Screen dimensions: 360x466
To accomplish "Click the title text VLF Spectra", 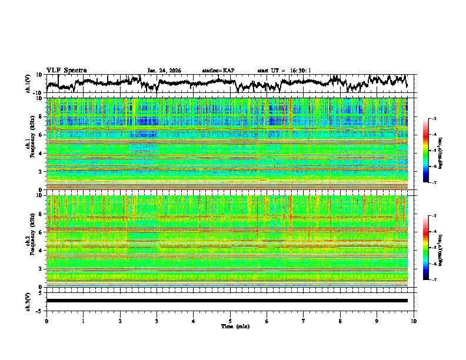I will click(x=66, y=70).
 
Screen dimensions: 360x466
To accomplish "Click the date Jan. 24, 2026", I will click(x=164, y=71).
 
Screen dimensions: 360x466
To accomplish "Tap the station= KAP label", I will click(x=218, y=71).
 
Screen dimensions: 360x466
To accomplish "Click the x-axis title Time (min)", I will click(x=231, y=326).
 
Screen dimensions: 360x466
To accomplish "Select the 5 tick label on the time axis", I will click(x=231, y=321).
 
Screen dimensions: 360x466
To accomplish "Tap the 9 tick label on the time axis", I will click(x=378, y=321).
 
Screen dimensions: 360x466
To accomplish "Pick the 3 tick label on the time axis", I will click(x=157, y=321).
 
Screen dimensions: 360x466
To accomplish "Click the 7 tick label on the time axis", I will click(x=304, y=321).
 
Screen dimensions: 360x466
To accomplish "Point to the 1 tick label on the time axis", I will click(x=84, y=321).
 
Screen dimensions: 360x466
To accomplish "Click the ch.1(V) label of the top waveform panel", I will click(x=28, y=84).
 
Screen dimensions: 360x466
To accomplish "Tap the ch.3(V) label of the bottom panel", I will click(x=28, y=300).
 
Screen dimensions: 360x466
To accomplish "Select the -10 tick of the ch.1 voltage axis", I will click(x=37, y=93).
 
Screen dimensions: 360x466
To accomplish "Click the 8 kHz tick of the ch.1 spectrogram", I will click(x=40, y=117).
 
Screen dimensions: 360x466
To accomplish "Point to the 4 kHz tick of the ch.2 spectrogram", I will click(x=40, y=251).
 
